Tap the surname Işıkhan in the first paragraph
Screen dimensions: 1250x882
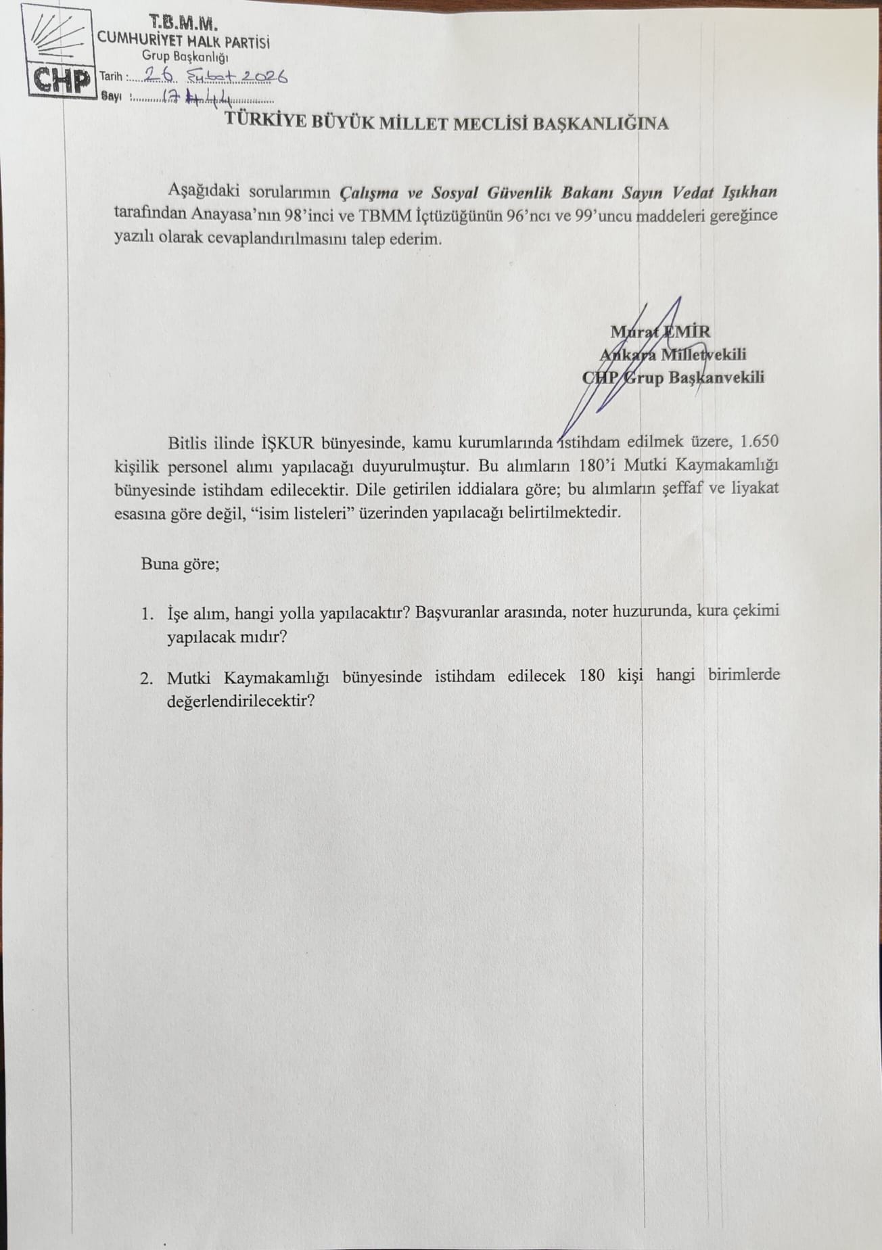[748, 191]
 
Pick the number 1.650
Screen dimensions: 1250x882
[760, 442]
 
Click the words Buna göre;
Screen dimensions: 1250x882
[180, 563]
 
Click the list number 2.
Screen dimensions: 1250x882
[147, 677]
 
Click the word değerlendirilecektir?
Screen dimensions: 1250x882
[241, 701]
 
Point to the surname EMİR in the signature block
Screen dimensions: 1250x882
[687, 332]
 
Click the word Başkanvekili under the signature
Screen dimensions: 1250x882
[716, 377]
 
